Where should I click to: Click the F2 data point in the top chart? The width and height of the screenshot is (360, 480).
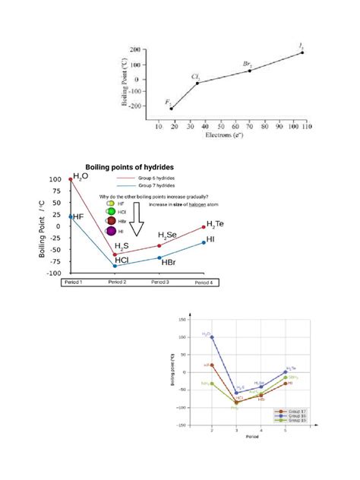[x=172, y=109]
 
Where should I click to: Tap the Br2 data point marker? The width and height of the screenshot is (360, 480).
[x=250, y=70]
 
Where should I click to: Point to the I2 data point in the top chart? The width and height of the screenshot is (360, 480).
[x=302, y=52]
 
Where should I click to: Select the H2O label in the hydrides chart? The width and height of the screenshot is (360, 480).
[x=81, y=175]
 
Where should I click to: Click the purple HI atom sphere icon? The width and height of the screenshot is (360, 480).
[x=111, y=230]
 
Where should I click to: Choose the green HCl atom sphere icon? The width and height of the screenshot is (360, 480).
[x=111, y=211]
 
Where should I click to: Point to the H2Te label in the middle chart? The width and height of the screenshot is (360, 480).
[x=215, y=223]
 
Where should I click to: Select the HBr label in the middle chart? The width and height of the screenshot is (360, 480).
[x=169, y=262]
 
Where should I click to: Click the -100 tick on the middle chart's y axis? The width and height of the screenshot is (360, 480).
[x=57, y=272]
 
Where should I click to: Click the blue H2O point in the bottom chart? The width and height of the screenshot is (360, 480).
[x=212, y=336]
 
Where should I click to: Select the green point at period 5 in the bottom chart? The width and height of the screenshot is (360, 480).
[x=285, y=377]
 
